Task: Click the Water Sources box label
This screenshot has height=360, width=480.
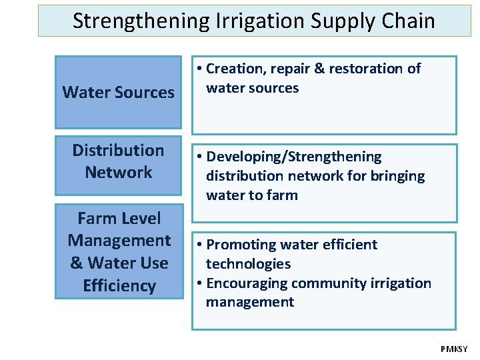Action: coord(118,92)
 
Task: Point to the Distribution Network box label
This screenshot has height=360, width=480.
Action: coord(118,161)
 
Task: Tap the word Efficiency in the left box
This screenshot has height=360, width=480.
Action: coord(119,286)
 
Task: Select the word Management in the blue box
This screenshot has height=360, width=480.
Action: coord(119,241)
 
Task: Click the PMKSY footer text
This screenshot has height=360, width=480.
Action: coord(454,349)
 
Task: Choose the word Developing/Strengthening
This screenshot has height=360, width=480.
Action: coord(294,157)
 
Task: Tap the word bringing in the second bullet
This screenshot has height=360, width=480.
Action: coord(399,176)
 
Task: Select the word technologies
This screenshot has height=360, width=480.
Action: coord(248,264)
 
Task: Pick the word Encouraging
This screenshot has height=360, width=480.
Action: coord(245,283)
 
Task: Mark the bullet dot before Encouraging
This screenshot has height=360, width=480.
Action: coord(200,283)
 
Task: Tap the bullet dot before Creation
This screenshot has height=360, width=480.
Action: coord(200,69)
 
